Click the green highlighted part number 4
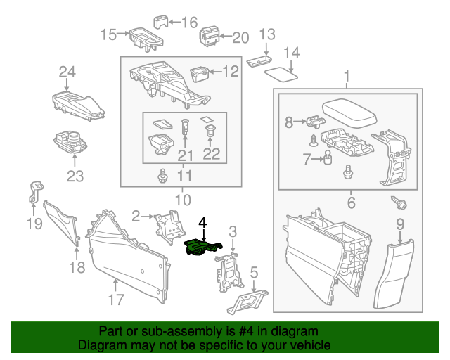[202, 247]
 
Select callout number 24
[67, 72]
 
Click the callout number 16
[190, 22]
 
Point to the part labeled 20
[210, 35]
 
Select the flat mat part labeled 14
[283, 70]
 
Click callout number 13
[267, 34]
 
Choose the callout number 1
[346, 76]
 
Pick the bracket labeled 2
[166, 226]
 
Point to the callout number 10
[182, 199]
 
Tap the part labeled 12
[200, 72]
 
